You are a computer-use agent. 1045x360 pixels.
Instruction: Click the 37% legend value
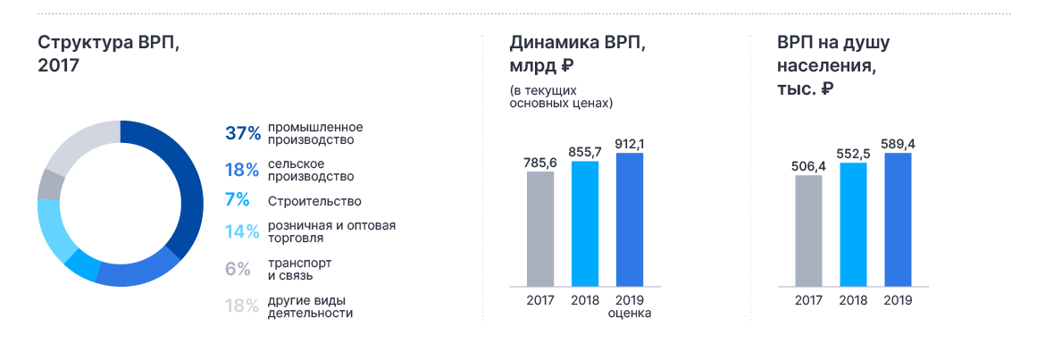(x=243, y=133)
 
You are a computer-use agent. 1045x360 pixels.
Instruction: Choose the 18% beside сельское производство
(x=242, y=170)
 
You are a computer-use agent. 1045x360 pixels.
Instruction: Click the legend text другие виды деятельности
(x=310, y=306)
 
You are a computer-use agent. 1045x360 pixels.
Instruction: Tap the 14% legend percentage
(x=242, y=232)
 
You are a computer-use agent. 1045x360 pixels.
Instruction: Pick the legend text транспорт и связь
(x=299, y=269)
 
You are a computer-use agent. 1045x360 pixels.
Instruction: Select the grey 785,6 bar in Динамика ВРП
(x=540, y=230)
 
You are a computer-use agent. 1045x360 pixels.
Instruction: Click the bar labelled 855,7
(x=585, y=224)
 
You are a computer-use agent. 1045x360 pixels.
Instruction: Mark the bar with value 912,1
(x=630, y=220)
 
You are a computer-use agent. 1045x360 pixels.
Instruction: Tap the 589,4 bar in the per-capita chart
(x=898, y=220)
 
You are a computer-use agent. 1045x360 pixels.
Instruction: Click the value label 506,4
(x=808, y=167)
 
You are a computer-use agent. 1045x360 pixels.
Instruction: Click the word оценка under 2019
(x=630, y=314)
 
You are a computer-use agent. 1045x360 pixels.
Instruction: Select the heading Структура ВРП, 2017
(x=109, y=54)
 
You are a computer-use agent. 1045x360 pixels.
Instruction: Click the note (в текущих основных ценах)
(x=561, y=96)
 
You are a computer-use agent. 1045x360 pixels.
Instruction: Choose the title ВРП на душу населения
(x=833, y=65)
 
